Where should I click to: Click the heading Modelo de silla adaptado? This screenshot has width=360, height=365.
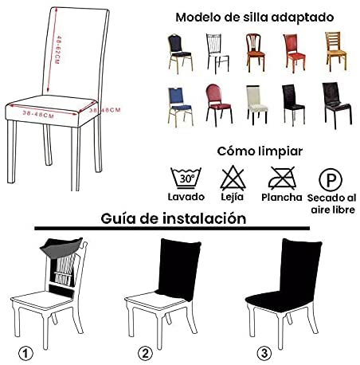pos(254,17)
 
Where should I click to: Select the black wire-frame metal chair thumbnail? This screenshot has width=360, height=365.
pos(213,52)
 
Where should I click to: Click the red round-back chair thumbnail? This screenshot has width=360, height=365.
pos(214,104)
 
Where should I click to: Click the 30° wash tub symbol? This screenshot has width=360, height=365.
pos(185,176)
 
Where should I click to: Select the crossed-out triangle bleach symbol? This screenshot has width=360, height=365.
pos(232,176)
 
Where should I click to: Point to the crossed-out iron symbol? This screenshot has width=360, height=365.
pos(280,176)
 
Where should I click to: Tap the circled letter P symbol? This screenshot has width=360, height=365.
pos(328,177)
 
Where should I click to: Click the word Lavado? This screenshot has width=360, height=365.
pos(186,197)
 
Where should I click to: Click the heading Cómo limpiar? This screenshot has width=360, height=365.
pos(259,151)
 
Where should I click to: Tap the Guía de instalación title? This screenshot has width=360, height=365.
pos(173,218)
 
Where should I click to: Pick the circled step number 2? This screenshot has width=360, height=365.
pos(145,352)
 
